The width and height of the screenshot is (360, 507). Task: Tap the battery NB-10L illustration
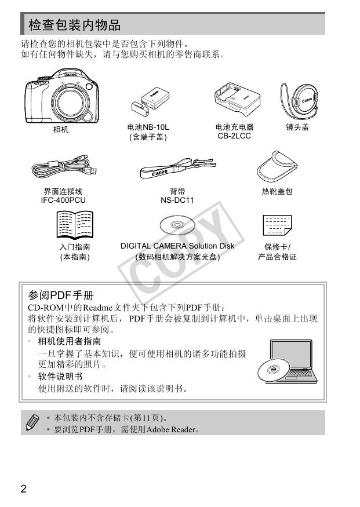coord(150,103)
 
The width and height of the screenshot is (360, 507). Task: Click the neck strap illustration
coord(178,167)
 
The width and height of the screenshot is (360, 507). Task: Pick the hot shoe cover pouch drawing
coord(277,166)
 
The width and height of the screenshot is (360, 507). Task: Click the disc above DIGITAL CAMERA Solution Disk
coord(177,225)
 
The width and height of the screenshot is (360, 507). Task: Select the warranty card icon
coord(277,225)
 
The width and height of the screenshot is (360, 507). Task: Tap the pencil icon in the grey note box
coord(32,422)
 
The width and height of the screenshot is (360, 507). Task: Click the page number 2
coord(23,488)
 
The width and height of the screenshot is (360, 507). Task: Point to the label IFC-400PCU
coord(63,200)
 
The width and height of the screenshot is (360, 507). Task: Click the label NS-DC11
coord(177,200)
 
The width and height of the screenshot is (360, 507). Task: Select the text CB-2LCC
coord(234,136)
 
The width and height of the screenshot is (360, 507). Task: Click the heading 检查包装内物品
coord(75,25)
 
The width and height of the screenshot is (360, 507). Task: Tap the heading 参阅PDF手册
coord(61,295)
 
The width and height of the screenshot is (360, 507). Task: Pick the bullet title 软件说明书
coord(60,377)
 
